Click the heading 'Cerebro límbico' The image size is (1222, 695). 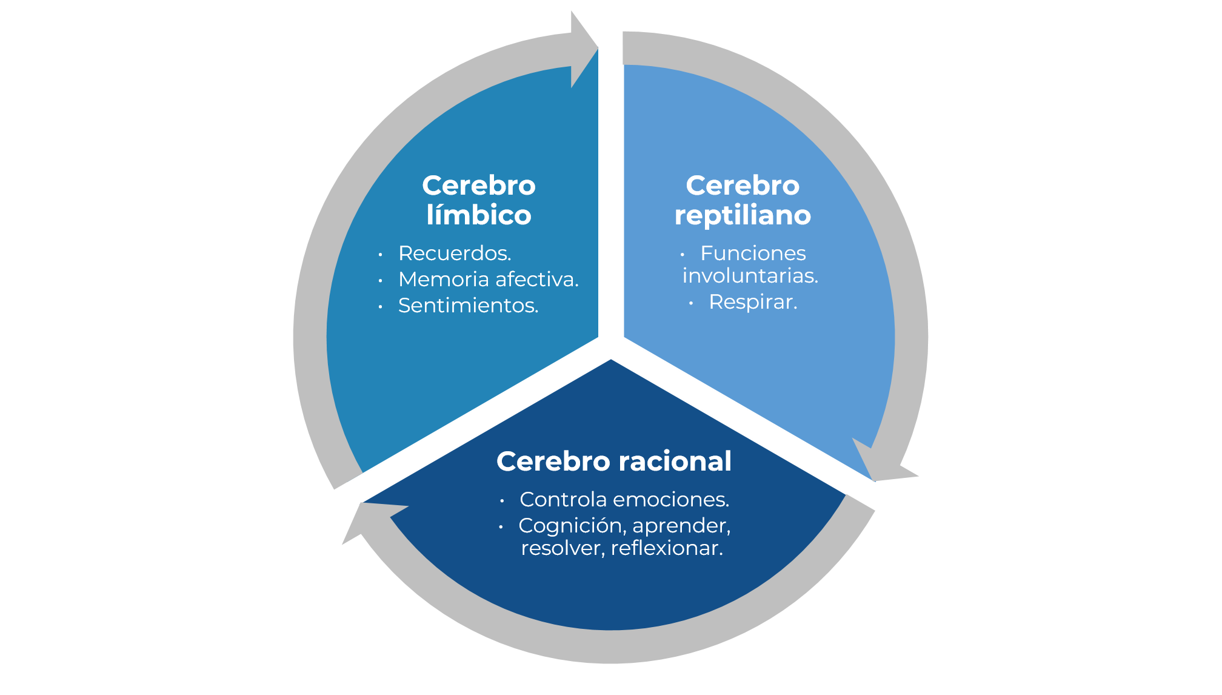coord(479,200)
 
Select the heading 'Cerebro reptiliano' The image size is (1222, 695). coord(743,200)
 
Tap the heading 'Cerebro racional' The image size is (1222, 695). coord(614,461)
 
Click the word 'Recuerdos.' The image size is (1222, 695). coord(455,253)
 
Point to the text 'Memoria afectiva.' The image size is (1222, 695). coord(489,279)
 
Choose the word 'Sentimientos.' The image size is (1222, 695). coord(468,305)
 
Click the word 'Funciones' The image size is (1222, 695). coord(753,253)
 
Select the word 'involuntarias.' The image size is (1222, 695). coord(750,275)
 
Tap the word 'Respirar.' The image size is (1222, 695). coord(753,301)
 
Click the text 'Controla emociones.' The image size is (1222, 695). coord(624,499)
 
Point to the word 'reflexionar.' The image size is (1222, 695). coord(667,548)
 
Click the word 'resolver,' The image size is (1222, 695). coord(563,548)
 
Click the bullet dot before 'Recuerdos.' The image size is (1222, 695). coord(380,255)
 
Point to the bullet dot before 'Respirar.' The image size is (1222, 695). coord(691,303)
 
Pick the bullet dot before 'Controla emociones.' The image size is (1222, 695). coord(502,501)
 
